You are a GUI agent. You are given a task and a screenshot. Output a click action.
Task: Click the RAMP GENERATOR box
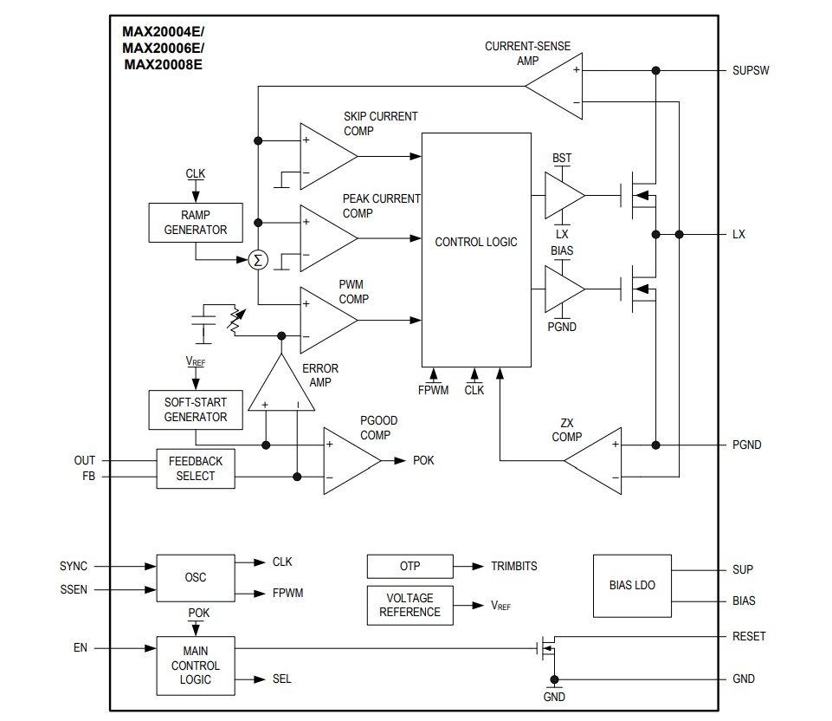tap(195, 223)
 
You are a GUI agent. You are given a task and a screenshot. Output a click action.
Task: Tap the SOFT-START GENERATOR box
tap(195, 410)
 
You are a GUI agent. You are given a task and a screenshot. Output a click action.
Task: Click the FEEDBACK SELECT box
tap(195, 469)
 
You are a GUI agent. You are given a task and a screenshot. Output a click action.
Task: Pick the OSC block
tap(195, 577)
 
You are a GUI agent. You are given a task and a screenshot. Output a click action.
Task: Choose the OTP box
tap(410, 567)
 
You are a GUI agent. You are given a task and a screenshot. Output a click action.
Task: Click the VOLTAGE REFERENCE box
tap(410, 605)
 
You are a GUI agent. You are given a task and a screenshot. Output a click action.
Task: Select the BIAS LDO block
tap(632, 585)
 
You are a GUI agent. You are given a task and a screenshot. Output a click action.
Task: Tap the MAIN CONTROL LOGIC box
tap(195, 666)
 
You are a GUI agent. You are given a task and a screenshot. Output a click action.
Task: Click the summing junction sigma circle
tap(257, 260)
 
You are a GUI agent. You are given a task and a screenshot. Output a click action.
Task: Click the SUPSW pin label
tap(751, 70)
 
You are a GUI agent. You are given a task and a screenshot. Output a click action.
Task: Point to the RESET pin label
tap(749, 636)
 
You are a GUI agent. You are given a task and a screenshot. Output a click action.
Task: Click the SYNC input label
tap(74, 566)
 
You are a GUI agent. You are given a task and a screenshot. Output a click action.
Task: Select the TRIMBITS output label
tap(514, 566)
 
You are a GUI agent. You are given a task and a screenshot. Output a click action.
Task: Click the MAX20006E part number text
tap(164, 48)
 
